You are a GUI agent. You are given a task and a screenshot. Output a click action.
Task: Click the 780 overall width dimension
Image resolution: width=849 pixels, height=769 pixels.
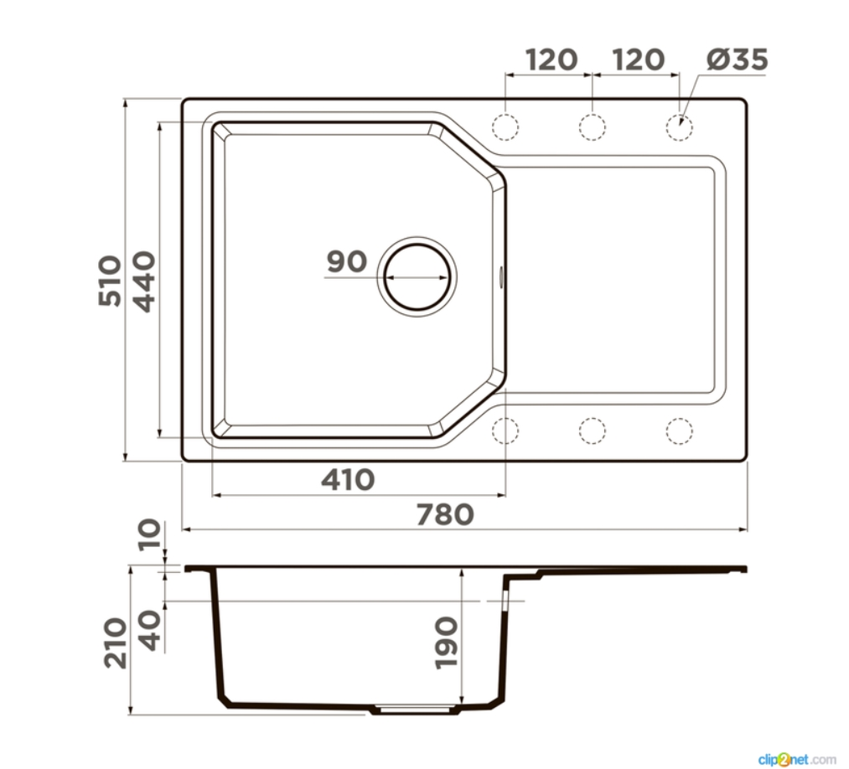point(445,514)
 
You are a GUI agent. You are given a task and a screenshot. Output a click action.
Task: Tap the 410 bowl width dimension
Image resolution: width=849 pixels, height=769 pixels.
point(348,479)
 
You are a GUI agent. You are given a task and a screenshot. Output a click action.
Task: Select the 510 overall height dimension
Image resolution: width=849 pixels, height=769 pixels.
point(111,281)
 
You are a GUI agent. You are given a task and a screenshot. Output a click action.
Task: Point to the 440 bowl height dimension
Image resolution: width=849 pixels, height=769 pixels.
point(144,281)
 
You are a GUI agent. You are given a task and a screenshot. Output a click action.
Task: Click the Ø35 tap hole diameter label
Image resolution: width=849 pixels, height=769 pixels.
point(737,59)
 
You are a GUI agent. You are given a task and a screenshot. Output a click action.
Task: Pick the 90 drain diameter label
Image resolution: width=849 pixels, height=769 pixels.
point(346,261)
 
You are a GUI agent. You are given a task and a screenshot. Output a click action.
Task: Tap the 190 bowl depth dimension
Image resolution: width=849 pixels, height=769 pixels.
point(447,643)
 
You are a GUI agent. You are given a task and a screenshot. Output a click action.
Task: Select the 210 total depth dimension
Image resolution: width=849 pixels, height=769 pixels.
point(116,643)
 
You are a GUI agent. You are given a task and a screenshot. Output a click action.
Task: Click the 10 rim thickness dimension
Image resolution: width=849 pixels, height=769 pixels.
point(150,534)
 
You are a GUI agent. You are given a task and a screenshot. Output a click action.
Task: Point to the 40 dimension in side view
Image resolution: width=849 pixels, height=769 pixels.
point(150,631)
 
